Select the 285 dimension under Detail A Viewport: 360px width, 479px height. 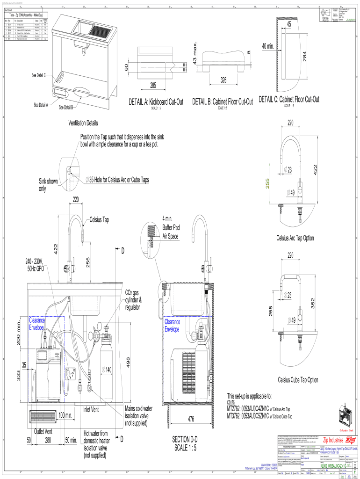153,85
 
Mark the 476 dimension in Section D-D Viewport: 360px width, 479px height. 191,419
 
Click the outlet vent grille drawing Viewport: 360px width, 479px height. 43,415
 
